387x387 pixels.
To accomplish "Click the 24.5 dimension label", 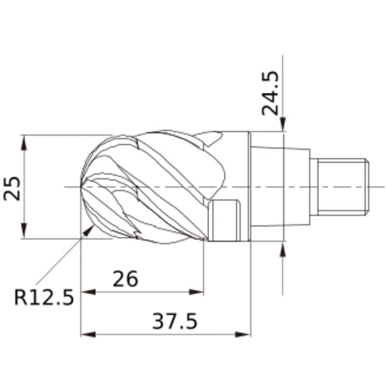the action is point(270,93).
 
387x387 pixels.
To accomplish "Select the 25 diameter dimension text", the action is point(12,188).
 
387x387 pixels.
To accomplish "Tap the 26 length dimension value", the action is point(125,279).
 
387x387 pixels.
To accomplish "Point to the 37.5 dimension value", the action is point(175,321).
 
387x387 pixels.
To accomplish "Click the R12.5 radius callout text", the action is point(44,297).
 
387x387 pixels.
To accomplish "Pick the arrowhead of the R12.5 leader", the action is point(87,231).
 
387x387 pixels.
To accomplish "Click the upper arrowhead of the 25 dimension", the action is point(24,142).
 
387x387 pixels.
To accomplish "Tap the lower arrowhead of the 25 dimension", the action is point(24,231).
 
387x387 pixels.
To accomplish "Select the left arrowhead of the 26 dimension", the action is point(88,292).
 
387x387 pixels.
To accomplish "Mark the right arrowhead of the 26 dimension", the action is point(197,292).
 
